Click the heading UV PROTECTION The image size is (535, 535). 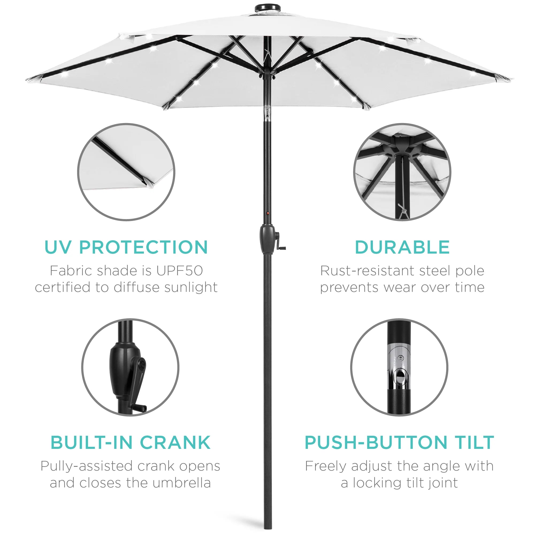click(x=126, y=247)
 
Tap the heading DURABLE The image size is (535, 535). click(x=402, y=247)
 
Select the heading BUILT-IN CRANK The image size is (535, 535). click(x=131, y=442)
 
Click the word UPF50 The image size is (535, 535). click(x=179, y=271)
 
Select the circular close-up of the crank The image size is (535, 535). click(x=130, y=367)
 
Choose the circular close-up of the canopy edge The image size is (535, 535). click(x=126, y=172)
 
